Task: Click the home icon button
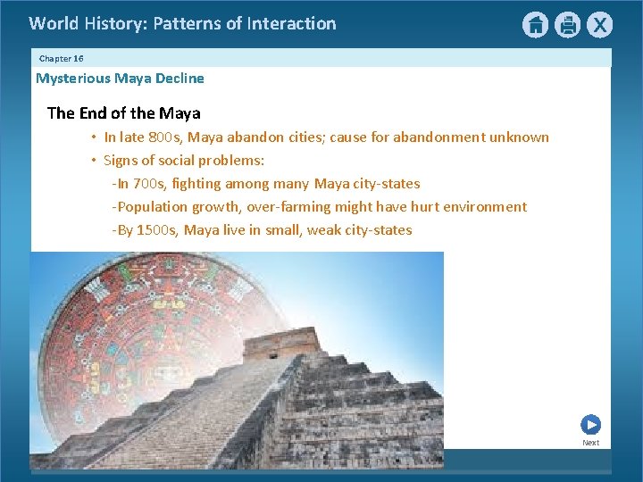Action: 535,25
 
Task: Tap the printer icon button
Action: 567,25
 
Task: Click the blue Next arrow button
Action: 590,425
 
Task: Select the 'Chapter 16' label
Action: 61,58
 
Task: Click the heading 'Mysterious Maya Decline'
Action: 120,79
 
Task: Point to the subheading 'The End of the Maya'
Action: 123,113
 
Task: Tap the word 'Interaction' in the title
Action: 292,24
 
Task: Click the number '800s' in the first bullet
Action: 165,137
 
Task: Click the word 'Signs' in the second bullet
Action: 122,161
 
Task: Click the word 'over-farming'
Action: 288,207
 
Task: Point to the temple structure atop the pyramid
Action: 280,343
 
